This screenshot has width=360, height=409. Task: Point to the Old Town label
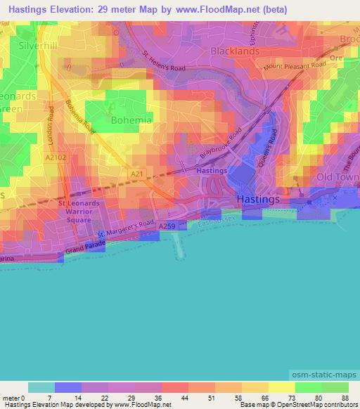[337, 176]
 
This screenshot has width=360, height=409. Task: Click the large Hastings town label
[258, 199]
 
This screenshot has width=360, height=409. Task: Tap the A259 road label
[167, 226]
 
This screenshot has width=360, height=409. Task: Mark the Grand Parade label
[85, 247]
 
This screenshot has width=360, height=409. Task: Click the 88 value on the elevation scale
[345, 398]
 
